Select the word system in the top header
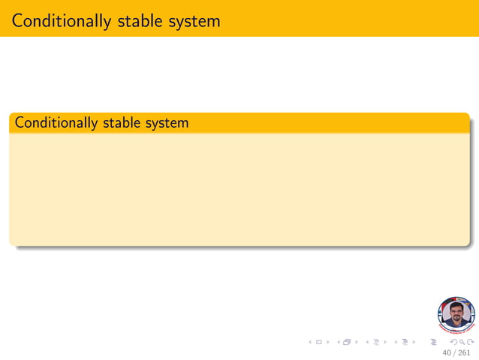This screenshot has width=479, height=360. pyautogui.click(x=196, y=20)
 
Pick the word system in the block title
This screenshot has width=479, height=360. pyautogui.click(x=167, y=122)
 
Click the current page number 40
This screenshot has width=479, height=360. pyautogui.click(x=447, y=352)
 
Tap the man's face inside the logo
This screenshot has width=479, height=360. pyautogui.click(x=456, y=311)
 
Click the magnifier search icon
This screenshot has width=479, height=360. pyautogui.click(x=462, y=342)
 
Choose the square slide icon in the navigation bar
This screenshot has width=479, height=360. pyautogui.click(x=319, y=342)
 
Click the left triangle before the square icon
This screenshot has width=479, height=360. pyautogui.click(x=311, y=342)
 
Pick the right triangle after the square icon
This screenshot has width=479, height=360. pyautogui.click(x=327, y=342)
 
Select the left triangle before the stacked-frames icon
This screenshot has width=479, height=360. pyautogui.click(x=338, y=342)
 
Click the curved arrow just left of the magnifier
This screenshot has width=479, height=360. pyautogui.click(x=453, y=342)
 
